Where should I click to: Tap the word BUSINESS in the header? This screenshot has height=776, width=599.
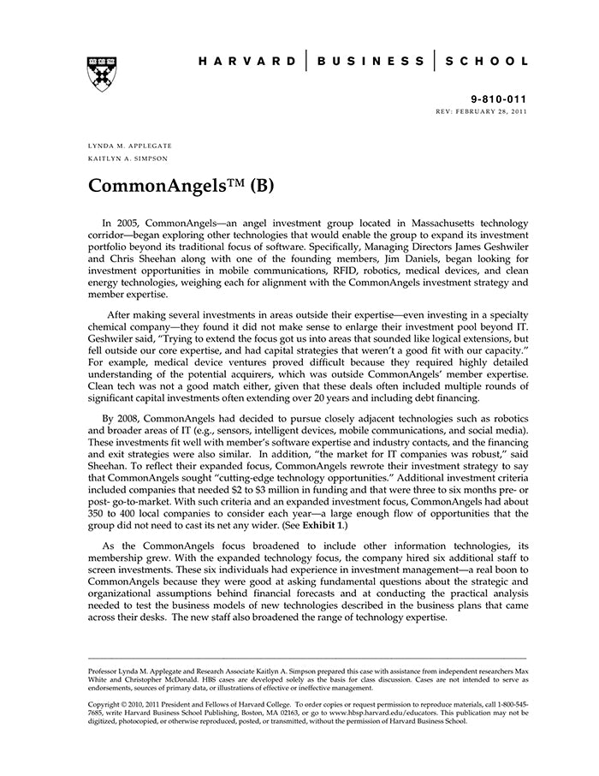(371, 62)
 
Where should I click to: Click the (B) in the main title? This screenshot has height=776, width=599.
(258, 185)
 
